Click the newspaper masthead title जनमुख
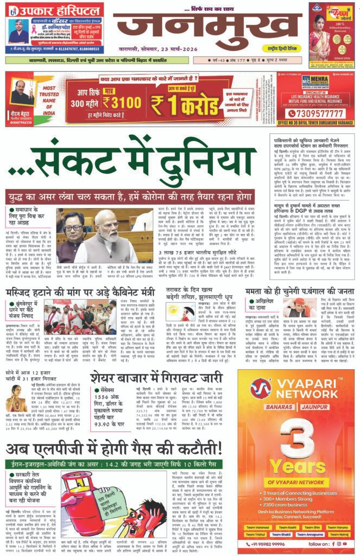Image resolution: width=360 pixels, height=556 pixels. (x=205, y=34)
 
